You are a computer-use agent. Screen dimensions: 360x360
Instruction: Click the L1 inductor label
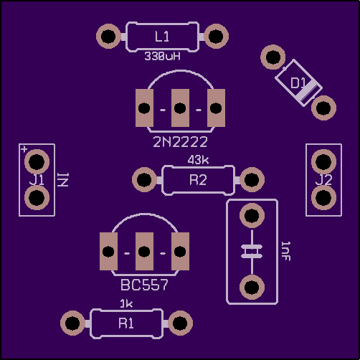(x=162, y=37)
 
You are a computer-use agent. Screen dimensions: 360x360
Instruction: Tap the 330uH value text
(x=162, y=56)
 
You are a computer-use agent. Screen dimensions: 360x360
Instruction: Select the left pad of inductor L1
(x=108, y=37)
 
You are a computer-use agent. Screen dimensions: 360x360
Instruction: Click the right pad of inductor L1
(x=216, y=37)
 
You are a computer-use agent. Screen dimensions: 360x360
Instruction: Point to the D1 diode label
(x=298, y=83)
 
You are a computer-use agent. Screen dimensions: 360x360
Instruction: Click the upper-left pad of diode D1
(x=273, y=57)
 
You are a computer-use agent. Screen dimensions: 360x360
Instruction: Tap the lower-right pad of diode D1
(x=323, y=108)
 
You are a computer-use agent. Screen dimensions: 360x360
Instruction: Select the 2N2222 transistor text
(x=180, y=142)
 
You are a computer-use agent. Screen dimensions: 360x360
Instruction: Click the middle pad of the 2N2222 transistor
(x=180, y=108)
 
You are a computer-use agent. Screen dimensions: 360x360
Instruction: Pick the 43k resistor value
(x=198, y=160)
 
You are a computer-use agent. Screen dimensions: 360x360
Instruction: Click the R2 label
(x=198, y=180)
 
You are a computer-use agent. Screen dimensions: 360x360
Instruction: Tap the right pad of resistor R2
(x=252, y=179)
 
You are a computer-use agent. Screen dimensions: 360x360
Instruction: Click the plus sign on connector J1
(x=24, y=149)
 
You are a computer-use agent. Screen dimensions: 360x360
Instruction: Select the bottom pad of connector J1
(x=37, y=198)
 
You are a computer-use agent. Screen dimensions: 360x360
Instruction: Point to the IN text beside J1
(x=63, y=180)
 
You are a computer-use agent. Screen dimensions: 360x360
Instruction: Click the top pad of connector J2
(x=323, y=162)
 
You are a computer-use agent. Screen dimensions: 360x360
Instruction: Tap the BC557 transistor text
(x=144, y=285)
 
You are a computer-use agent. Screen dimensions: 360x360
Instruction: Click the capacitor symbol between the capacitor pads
(x=252, y=252)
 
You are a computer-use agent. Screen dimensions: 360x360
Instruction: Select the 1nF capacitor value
(x=285, y=251)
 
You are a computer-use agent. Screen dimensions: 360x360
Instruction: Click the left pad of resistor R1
(x=72, y=323)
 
